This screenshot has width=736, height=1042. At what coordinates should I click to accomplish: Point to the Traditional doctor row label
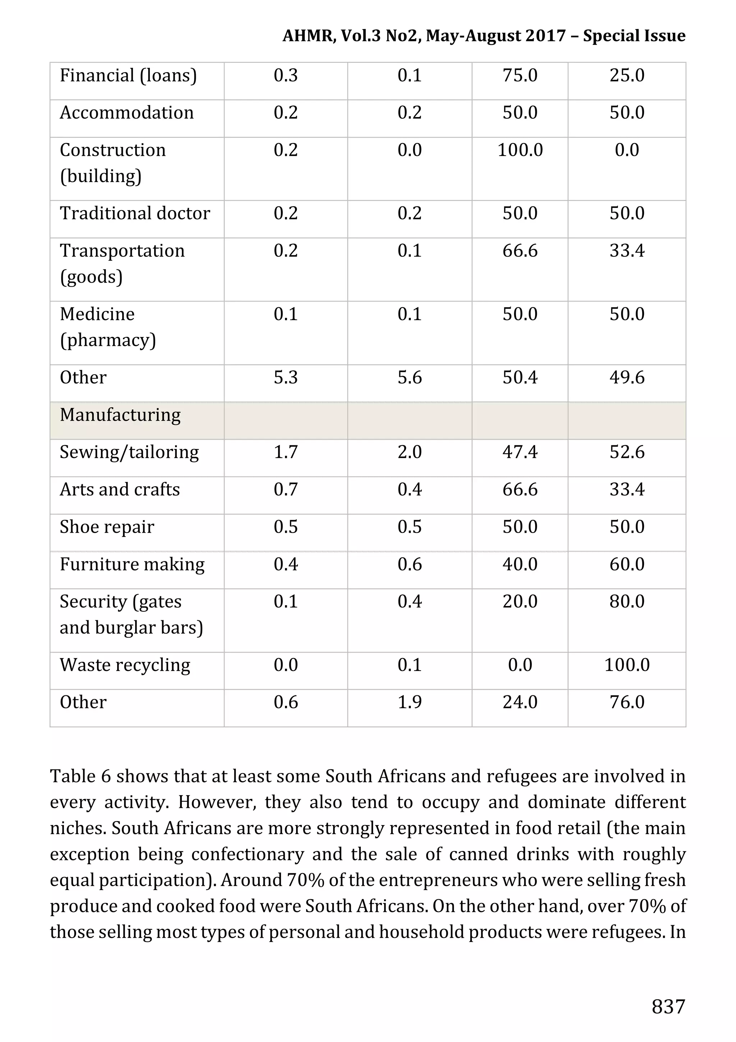pyautogui.click(x=135, y=213)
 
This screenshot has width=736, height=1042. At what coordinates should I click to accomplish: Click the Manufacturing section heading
pyautogui.click(x=120, y=415)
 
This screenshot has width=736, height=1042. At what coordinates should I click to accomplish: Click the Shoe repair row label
pyautogui.click(x=107, y=527)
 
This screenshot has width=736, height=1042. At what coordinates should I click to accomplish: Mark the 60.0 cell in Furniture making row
pyautogui.click(x=627, y=565)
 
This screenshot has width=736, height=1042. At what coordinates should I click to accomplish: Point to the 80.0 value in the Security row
pyautogui.click(x=627, y=602)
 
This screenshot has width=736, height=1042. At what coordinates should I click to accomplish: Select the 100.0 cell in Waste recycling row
pyautogui.click(x=627, y=665)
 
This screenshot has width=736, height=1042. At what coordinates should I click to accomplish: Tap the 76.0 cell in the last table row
pyautogui.click(x=627, y=703)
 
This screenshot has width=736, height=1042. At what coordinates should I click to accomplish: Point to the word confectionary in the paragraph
pyautogui.click(x=247, y=854)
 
